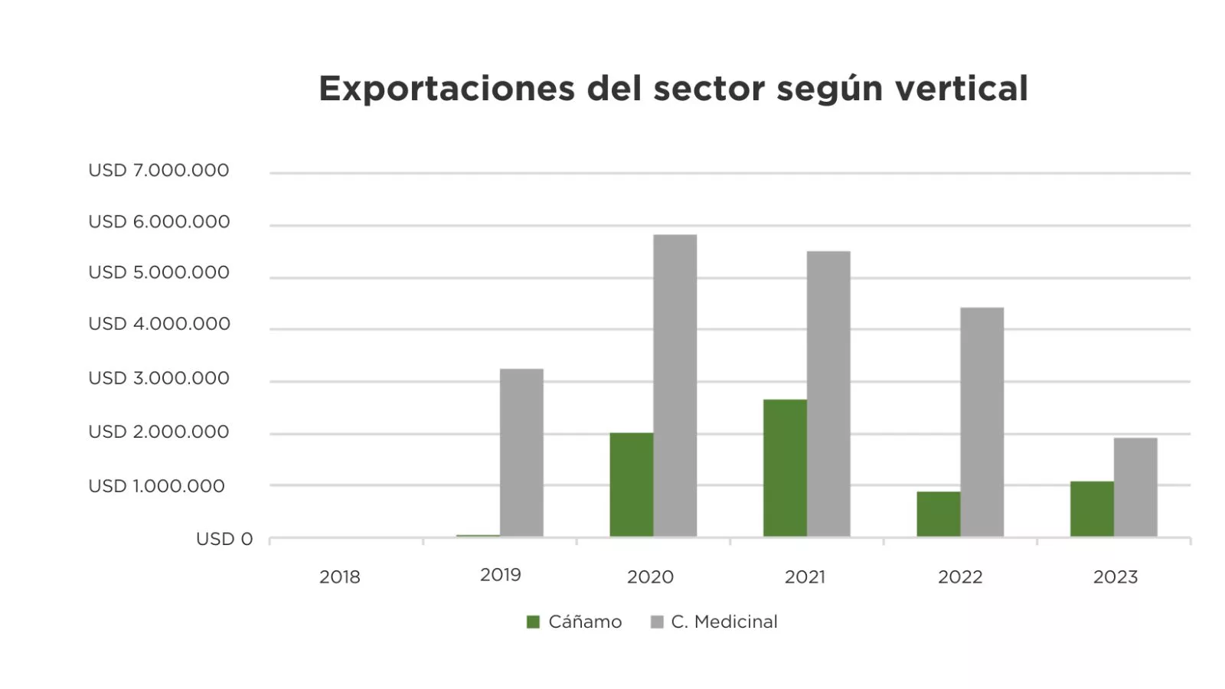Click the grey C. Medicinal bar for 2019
(521, 452)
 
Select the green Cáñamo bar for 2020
(632, 485)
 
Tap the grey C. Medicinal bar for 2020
(675, 385)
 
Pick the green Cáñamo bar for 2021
(785, 468)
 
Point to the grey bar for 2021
(828, 393)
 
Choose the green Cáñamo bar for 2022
(939, 514)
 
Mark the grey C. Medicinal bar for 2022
(982, 422)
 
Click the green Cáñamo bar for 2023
(1092, 508)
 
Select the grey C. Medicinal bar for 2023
(1135, 487)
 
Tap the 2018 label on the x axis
(340, 577)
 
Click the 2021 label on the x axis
(805, 577)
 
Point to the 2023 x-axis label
(1116, 577)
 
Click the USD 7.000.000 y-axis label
(158, 171)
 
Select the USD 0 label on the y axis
(224, 539)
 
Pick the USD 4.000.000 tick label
(158, 324)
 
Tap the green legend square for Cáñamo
(533, 622)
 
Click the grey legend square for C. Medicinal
(657, 622)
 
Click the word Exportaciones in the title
(446, 89)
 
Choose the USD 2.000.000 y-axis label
(158, 432)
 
